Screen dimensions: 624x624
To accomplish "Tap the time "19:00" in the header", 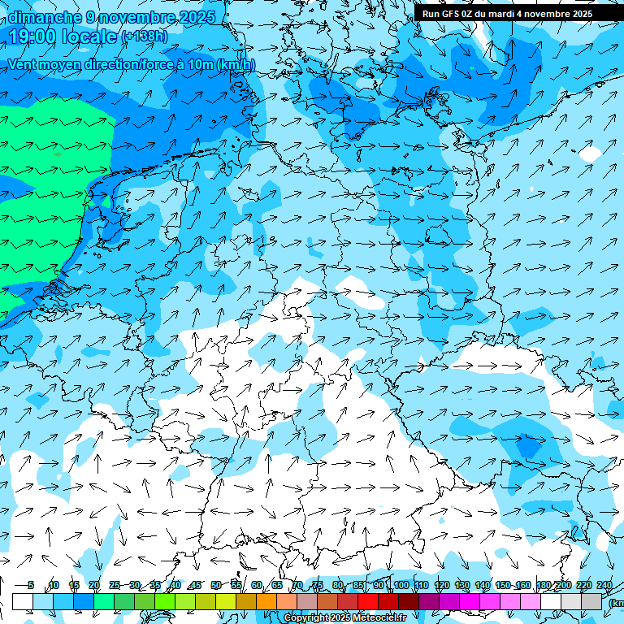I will [33, 36].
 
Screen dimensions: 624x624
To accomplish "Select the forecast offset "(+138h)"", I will [145, 36].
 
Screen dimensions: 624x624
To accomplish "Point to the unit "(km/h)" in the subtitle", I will [236, 65].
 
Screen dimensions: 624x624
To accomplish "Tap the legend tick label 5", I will [31, 585].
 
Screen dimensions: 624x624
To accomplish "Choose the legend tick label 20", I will [93, 585].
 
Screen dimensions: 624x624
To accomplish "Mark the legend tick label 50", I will [215, 585].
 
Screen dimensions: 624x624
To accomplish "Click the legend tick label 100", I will [401, 585].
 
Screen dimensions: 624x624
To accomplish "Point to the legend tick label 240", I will [604, 585].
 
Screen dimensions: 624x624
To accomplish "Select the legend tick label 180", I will [543, 585].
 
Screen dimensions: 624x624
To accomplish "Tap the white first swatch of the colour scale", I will [23, 601].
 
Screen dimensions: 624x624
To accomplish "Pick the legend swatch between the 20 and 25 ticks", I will [104, 601].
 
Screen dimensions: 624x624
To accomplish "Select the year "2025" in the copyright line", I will [342, 618].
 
